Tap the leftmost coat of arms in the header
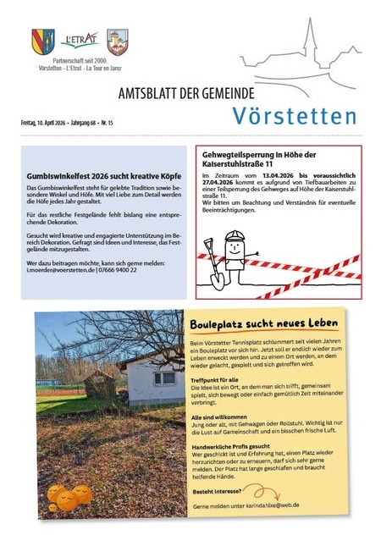tap(43, 41)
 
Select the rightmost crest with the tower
tap(117, 41)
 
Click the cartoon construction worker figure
tap(233, 252)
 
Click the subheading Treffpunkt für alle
tap(217, 380)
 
